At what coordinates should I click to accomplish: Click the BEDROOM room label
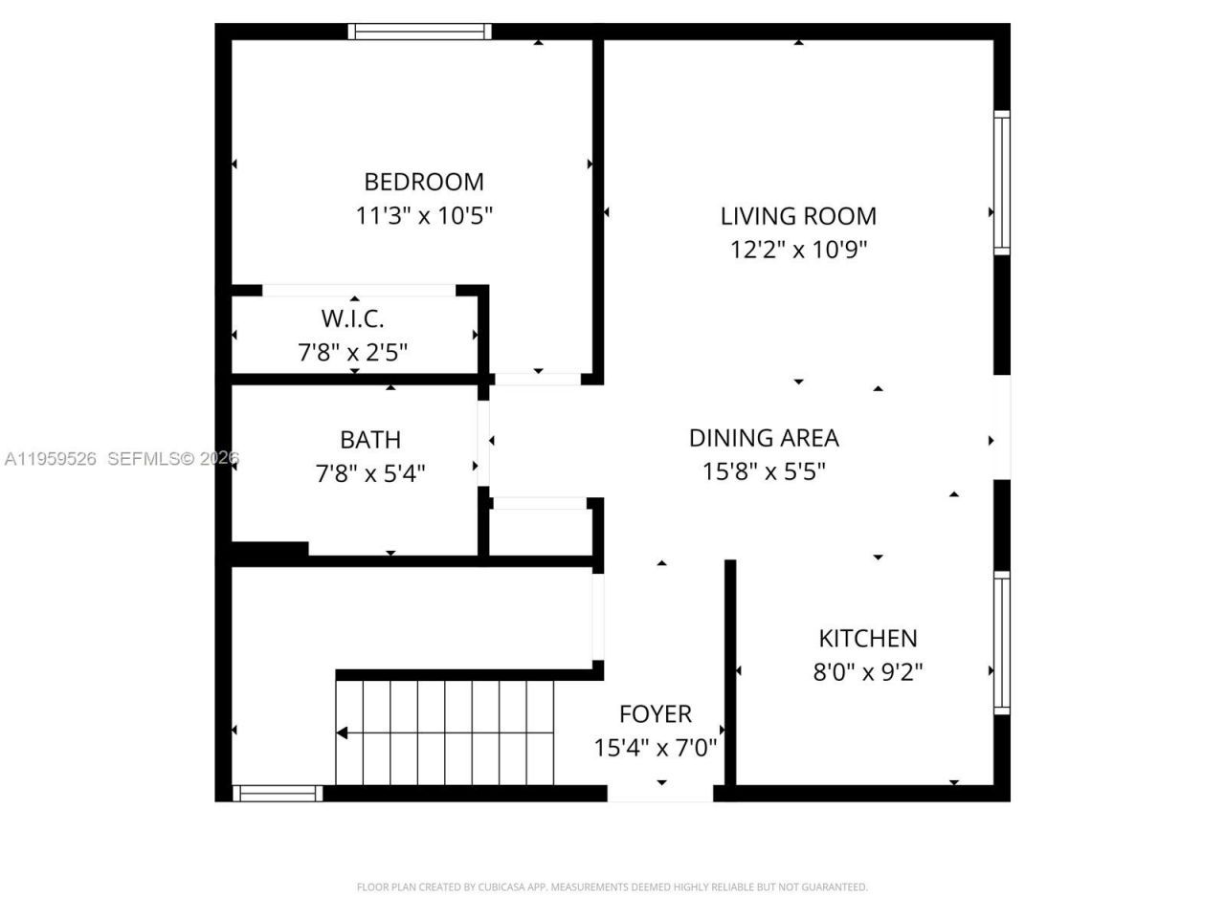(x=423, y=182)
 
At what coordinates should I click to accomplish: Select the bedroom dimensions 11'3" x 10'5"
(x=423, y=216)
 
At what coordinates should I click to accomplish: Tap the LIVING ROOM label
(x=797, y=216)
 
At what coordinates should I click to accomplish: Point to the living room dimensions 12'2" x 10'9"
(x=797, y=251)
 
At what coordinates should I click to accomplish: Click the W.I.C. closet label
(x=352, y=318)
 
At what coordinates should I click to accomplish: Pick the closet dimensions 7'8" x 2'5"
(x=352, y=353)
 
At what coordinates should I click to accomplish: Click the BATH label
(x=370, y=440)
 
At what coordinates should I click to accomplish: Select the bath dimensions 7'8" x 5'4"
(x=370, y=473)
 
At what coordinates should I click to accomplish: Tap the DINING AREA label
(x=763, y=438)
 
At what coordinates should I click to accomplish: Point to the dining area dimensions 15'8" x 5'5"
(x=763, y=471)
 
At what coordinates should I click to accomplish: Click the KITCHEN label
(x=867, y=638)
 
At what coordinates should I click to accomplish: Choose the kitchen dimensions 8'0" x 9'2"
(x=867, y=672)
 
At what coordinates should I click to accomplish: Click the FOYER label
(x=655, y=714)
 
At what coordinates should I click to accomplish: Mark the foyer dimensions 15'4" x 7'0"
(x=655, y=748)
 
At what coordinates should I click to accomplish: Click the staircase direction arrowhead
(x=342, y=733)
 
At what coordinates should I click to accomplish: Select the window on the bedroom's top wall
(x=419, y=32)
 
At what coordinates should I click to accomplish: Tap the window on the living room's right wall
(x=1001, y=182)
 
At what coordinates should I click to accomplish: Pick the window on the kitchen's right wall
(x=1001, y=643)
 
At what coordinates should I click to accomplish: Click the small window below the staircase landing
(x=278, y=793)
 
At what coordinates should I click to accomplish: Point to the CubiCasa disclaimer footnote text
(x=612, y=887)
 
